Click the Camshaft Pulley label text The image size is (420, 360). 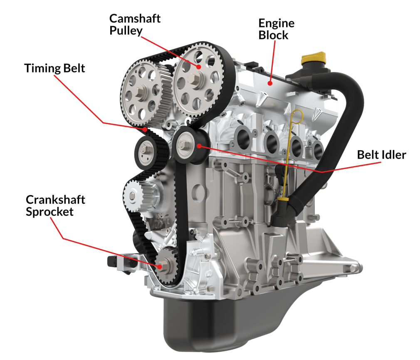[x=135, y=25]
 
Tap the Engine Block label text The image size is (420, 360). [x=276, y=29]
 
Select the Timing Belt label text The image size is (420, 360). [x=54, y=68]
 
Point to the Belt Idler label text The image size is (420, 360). [x=381, y=155]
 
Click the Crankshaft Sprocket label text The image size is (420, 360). [x=55, y=206]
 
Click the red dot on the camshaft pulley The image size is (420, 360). [x=198, y=67]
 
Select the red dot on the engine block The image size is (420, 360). [x=270, y=83]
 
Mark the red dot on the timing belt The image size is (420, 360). [x=145, y=129]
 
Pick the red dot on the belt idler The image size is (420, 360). [x=199, y=146]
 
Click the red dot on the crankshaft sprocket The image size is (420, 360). [x=160, y=266]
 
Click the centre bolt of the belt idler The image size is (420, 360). [x=184, y=145]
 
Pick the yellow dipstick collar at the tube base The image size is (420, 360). [x=283, y=199]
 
